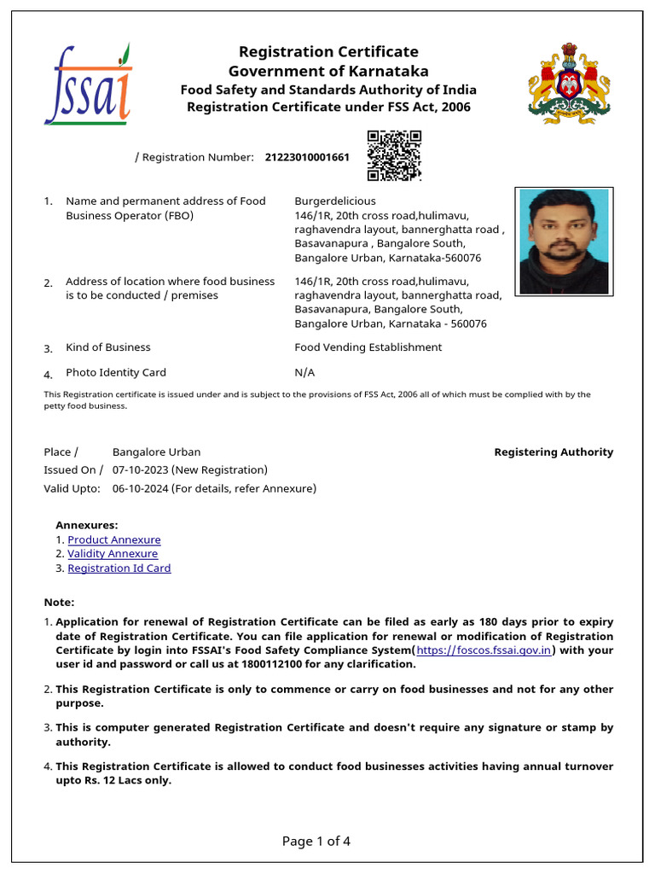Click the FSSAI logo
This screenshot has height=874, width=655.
(88, 85)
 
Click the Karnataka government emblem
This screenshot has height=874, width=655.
(569, 84)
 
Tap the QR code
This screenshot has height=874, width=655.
(394, 155)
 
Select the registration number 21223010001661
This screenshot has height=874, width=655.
(307, 157)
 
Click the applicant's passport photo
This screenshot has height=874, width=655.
(564, 242)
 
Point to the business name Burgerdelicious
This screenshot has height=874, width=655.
(335, 201)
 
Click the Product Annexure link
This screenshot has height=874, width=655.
(113, 540)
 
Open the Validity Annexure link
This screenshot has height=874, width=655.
(113, 554)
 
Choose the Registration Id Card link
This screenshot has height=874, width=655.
(119, 568)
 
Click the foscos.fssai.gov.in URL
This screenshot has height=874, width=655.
(484, 650)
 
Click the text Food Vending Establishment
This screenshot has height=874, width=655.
(368, 347)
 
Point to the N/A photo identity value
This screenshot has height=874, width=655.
(304, 373)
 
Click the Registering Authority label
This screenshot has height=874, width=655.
(554, 452)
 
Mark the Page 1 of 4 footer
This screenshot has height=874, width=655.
(316, 842)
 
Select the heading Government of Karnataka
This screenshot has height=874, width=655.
(328, 71)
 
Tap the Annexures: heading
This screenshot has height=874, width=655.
(87, 526)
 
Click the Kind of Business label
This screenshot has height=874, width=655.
(107, 347)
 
